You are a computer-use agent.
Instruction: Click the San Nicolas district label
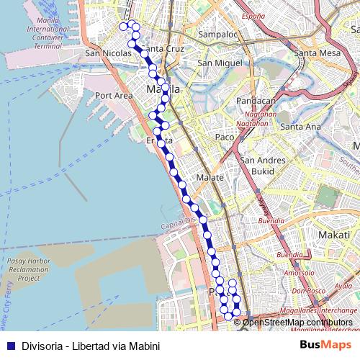(108, 53)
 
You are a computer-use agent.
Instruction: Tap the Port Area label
(114, 95)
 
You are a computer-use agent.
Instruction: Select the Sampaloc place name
(217, 34)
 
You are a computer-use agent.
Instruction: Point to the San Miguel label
(220, 63)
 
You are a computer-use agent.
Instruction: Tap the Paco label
(225, 137)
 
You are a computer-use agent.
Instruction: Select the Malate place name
(210, 177)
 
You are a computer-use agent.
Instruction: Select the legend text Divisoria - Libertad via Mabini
(90, 345)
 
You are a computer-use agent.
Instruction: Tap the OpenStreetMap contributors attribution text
(297, 322)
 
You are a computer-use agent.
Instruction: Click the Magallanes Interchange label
(320, 307)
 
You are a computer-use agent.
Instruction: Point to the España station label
(253, 15)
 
